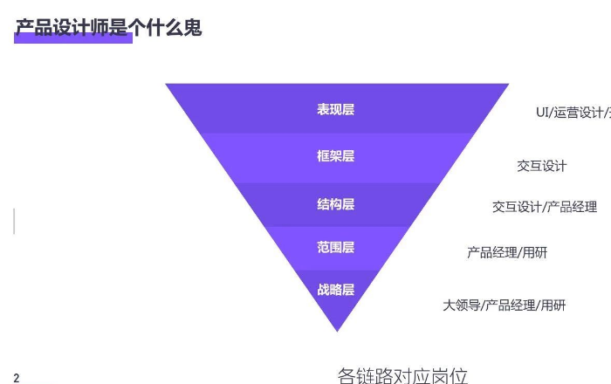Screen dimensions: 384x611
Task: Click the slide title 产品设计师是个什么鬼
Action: click(108, 28)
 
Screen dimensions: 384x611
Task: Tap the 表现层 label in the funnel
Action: click(335, 110)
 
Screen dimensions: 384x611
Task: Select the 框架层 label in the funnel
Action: click(335, 156)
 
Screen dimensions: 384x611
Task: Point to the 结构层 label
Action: click(335, 204)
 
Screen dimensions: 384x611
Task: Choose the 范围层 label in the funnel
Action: click(335, 248)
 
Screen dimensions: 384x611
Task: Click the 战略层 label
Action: click(335, 290)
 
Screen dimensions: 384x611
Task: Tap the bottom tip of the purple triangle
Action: click(337, 329)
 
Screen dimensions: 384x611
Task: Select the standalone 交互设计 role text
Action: click(541, 166)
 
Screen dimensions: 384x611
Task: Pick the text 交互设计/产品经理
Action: click(544, 207)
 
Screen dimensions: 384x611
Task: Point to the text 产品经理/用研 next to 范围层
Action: click(507, 253)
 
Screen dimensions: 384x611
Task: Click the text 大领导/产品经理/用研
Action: click(504, 305)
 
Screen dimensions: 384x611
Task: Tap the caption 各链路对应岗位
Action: click(402, 376)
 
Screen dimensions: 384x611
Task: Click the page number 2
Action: click(17, 378)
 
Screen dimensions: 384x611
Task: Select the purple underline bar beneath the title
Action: click(73, 38)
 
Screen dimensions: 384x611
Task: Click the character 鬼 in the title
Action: click(192, 28)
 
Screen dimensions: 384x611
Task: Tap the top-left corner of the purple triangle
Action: click(168, 85)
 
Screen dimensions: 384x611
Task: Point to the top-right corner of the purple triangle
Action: click(507, 85)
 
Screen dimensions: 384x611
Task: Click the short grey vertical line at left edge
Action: click(14, 221)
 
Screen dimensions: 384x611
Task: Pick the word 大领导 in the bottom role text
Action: click(461, 305)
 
